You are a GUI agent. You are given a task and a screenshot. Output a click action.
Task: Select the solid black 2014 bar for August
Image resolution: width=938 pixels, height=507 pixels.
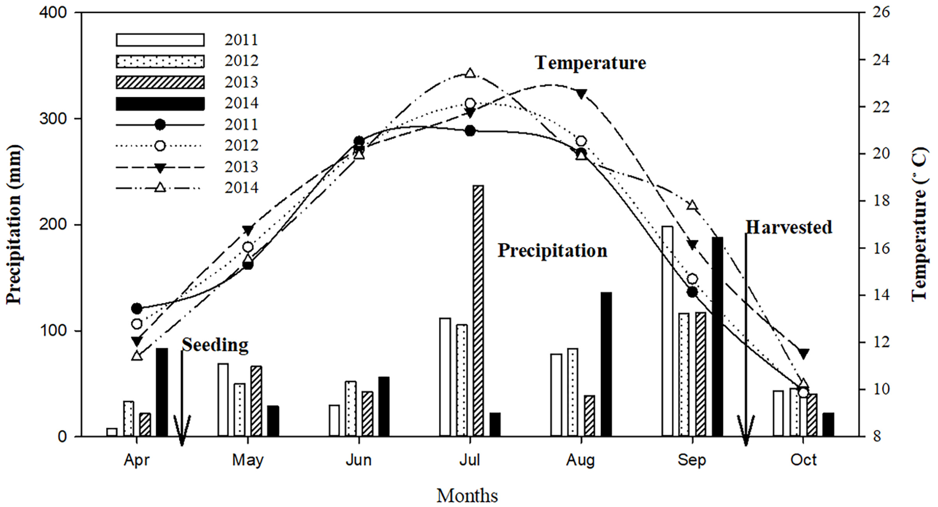(606, 364)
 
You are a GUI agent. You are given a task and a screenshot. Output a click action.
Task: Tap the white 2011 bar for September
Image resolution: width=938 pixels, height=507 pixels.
(667, 331)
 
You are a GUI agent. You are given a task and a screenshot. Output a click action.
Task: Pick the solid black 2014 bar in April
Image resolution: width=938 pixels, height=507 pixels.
(162, 392)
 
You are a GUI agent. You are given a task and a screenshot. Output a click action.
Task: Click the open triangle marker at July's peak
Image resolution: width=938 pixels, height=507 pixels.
(470, 73)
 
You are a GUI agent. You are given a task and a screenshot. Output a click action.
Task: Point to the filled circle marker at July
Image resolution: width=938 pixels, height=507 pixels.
(470, 130)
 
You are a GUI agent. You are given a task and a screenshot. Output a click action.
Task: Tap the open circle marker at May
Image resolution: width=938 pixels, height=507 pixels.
(248, 247)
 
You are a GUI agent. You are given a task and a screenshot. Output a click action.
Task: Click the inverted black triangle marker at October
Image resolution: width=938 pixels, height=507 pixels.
(804, 353)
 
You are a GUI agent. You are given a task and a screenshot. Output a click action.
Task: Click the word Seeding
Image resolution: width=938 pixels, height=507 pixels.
(215, 344)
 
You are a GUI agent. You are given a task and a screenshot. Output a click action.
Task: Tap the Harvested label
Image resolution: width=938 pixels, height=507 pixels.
(789, 227)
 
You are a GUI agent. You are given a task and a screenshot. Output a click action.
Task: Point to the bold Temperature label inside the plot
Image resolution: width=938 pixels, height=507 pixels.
(590, 63)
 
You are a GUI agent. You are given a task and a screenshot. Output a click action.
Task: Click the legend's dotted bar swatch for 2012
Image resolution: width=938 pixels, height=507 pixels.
(160, 61)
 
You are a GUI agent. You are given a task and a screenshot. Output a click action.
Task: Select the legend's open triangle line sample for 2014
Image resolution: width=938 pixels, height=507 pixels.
(160, 188)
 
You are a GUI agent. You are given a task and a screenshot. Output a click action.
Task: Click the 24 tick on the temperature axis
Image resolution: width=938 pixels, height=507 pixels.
(878, 60)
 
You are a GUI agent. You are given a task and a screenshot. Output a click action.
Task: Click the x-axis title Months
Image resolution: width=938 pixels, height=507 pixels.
(467, 495)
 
